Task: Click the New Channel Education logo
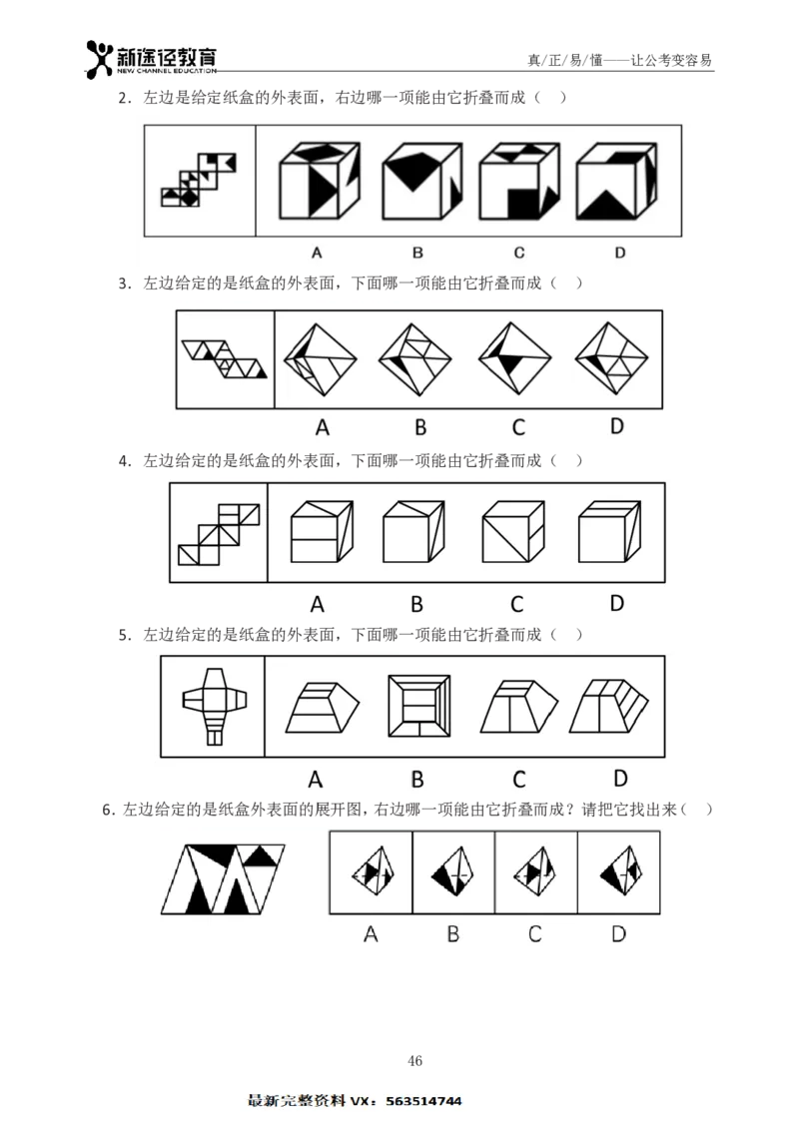(151, 58)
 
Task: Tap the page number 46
(414, 1060)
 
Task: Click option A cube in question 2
(320, 180)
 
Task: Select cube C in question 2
(518, 181)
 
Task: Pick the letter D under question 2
(620, 253)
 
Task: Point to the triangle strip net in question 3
(224, 358)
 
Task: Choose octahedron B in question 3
(415, 358)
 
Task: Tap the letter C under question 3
(518, 427)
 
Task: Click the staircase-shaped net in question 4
(219, 534)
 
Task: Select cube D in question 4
(610, 531)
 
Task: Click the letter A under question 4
(318, 605)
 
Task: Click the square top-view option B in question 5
(418, 706)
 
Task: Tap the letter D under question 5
(620, 778)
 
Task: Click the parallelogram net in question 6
(223, 878)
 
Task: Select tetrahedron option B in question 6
(453, 871)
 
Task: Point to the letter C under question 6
(534, 933)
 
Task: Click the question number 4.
(124, 461)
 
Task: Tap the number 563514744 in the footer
(423, 1101)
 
